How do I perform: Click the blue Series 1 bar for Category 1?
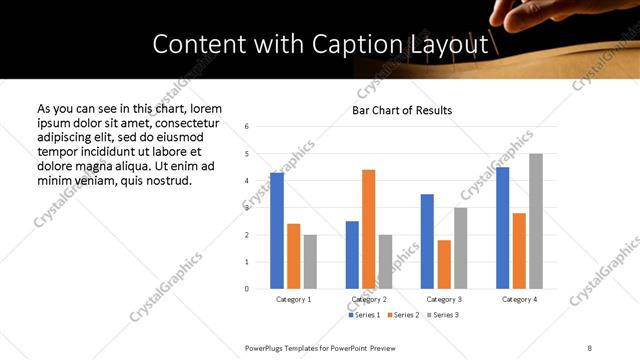(277, 231)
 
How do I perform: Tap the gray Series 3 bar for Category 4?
(536, 221)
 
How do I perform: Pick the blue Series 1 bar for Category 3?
(427, 241)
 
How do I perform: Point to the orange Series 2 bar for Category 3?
(444, 264)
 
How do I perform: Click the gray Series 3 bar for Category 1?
(310, 262)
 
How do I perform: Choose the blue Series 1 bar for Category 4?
(503, 228)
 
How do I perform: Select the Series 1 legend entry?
(362, 315)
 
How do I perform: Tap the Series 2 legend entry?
(402, 315)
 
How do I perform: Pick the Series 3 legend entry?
(441, 315)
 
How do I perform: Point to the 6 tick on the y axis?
(247, 127)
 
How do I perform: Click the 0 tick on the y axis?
(247, 289)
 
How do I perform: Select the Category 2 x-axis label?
(368, 299)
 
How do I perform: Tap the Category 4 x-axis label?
(519, 299)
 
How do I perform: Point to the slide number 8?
(590, 347)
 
